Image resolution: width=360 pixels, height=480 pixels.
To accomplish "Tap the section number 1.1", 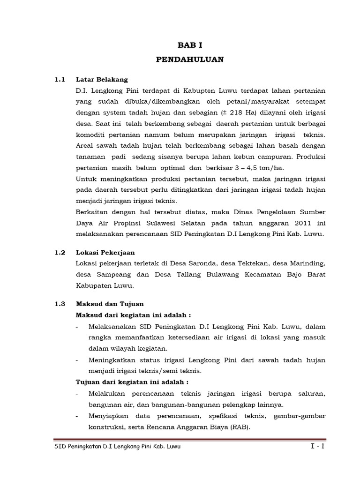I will click(x=59, y=79).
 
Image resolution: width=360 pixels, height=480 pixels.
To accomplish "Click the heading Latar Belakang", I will click(x=102, y=79).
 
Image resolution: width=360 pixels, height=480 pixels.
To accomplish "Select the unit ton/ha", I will click(x=272, y=167).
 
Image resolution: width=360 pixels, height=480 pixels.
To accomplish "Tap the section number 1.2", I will click(x=59, y=252).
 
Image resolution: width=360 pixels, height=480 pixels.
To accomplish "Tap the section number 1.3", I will click(x=59, y=304).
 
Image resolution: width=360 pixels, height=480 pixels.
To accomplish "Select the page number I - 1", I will click(x=317, y=447).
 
